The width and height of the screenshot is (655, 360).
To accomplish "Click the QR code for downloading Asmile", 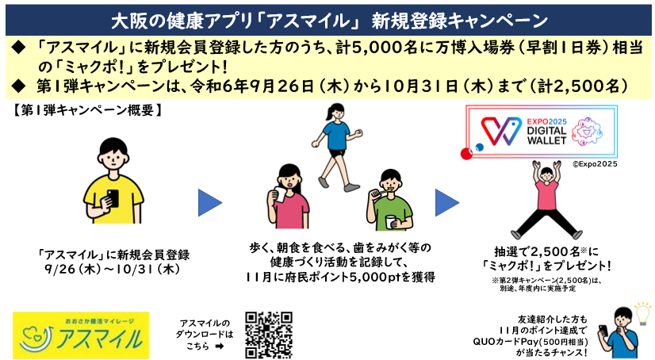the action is [x=269, y=335].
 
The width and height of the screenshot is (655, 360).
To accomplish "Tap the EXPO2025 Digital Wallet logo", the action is [x=542, y=131].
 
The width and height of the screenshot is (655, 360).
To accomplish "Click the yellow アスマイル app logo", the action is [x=81, y=335].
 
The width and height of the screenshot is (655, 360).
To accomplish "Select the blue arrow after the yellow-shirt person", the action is [x=209, y=202].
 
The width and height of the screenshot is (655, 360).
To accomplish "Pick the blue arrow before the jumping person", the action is [x=447, y=202].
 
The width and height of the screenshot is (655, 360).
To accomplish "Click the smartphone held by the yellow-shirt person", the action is [x=113, y=198].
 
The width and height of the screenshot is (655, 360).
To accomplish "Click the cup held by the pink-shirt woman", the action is [x=279, y=194].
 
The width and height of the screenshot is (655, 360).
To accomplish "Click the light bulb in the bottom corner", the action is [x=643, y=313].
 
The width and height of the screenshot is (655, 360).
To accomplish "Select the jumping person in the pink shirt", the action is [x=546, y=200].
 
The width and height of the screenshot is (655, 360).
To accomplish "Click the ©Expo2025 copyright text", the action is [x=595, y=164].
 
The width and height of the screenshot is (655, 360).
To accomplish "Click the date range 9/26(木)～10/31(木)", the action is [x=113, y=269].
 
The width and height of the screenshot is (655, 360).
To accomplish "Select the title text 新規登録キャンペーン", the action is [x=460, y=21].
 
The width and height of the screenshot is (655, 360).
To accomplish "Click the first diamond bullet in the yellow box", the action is [x=19, y=48].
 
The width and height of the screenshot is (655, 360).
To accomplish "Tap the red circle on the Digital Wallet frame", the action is [x=466, y=154].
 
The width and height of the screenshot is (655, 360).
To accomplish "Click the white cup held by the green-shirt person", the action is [x=390, y=221].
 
